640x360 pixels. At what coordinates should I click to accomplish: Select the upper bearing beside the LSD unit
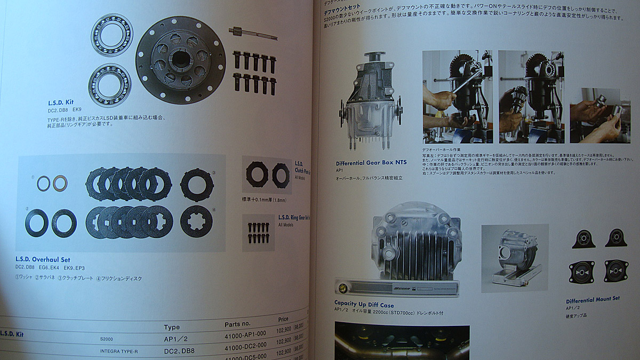[111, 35]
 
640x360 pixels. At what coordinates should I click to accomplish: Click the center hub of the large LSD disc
[181, 59]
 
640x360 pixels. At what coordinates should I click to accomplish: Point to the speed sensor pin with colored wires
[253, 34]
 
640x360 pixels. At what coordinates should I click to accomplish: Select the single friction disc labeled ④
[196, 221]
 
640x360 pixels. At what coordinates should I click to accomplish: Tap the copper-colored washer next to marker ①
[60, 183]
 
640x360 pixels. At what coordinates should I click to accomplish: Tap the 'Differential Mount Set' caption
[593, 300]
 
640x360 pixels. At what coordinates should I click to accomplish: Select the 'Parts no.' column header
[238, 324]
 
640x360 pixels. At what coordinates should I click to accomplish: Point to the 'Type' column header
[172, 327]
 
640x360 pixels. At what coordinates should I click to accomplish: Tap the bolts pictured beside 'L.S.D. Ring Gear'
[258, 232]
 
